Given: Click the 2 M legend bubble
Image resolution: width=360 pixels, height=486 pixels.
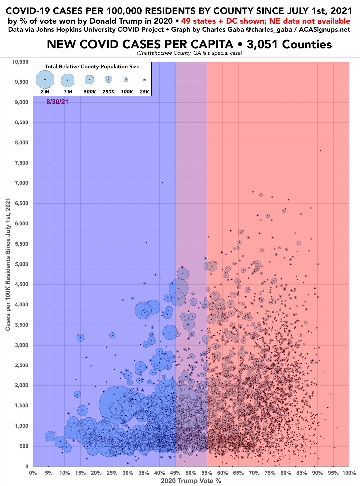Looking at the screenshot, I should coord(45,79).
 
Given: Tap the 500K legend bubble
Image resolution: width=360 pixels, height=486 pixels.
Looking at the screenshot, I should coord(89,79).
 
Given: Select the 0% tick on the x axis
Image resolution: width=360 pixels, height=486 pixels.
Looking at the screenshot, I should coord(33,472).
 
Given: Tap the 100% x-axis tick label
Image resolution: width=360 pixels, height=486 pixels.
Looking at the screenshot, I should coord(348,472).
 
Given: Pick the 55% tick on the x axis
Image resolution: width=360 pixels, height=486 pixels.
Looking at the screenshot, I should coord(206,472).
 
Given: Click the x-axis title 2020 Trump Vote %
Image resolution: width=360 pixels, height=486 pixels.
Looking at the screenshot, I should coord(191,480).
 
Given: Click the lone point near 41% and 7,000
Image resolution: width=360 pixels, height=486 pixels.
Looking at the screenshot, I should coord(162,182).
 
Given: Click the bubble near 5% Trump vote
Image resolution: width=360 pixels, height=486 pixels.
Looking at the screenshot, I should coord(50,436).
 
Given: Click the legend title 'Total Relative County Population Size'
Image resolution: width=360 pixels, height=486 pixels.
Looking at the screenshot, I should coord(92,66).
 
